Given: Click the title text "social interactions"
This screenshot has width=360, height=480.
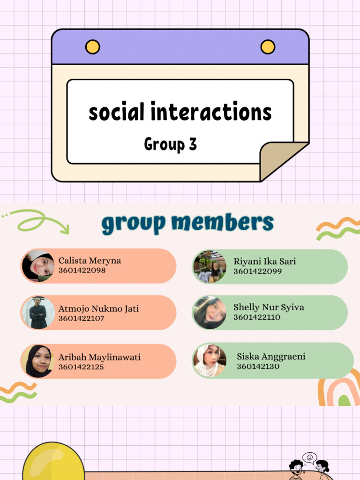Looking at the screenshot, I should click(x=180, y=112).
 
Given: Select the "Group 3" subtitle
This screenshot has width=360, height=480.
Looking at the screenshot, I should click(x=170, y=144).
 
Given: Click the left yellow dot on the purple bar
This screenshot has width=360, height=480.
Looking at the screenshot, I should click(x=93, y=47).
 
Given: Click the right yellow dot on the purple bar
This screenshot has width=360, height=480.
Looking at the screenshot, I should click(x=268, y=47).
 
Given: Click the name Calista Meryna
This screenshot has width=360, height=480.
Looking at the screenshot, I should click(x=90, y=261).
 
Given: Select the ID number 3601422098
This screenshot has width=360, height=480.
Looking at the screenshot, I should click(x=82, y=270).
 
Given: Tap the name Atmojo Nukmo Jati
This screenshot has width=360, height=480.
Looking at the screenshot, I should click(x=98, y=309).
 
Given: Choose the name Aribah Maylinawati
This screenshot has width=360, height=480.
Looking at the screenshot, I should click(x=99, y=357).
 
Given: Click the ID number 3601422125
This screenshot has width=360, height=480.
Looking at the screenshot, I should click(x=81, y=367).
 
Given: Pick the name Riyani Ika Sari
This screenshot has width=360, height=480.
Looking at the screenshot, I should click(x=265, y=262).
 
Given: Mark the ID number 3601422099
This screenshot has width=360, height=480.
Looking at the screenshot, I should click(x=257, y=271).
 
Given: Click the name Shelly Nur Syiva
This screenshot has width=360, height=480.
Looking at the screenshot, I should click(x=269, y=307).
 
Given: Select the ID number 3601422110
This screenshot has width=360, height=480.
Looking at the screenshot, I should click(x=257, y=317).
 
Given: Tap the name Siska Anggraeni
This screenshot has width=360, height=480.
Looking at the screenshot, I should click(x=271, y=357).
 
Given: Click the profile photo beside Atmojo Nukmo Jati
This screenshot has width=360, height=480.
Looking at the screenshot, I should click(x=38, y=313).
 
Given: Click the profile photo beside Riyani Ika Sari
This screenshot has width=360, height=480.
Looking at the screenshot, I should click(x=210, y=266).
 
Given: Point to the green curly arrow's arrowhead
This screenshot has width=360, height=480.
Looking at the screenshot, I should click(x=65, y=230).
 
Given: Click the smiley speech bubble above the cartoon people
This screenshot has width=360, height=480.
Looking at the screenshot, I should click(x=309, y=457).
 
